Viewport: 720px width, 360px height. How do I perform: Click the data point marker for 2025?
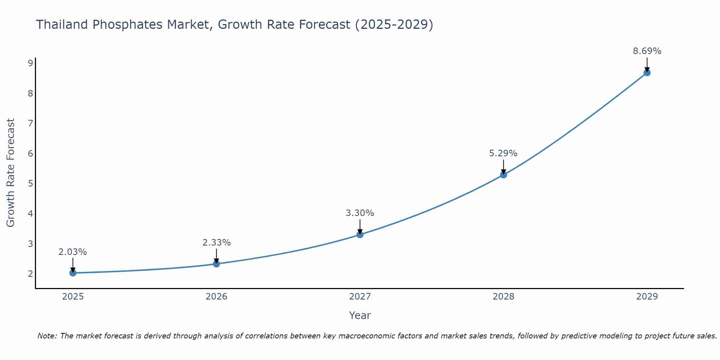73,273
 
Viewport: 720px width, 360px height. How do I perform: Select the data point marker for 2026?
216,264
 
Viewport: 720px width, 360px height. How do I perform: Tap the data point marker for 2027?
360,235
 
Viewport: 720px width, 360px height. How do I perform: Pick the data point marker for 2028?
503,175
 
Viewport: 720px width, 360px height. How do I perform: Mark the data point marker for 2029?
647,73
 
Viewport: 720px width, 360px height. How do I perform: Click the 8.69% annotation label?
647,51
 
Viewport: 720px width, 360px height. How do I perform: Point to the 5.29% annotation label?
503,153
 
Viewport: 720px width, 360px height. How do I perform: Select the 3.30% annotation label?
360,213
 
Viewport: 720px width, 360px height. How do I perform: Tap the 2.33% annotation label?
216,243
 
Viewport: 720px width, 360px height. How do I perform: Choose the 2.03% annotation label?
73,252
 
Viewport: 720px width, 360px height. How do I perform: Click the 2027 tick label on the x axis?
360,297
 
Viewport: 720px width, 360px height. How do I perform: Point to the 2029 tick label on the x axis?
647,297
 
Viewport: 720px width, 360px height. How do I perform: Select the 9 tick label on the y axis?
30,63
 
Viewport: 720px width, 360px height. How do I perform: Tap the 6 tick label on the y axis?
30,154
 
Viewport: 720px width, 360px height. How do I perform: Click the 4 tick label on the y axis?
30,214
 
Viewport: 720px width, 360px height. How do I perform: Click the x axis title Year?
360,315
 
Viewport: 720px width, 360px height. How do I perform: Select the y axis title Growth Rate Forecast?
11,173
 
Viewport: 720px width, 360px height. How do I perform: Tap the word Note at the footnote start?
47,336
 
